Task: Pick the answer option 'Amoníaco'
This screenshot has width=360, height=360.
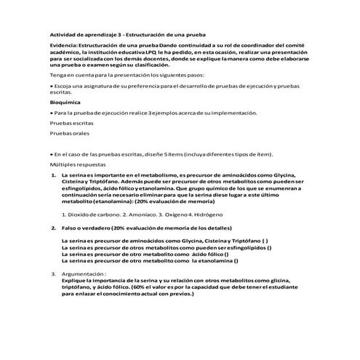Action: click(139, 216)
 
